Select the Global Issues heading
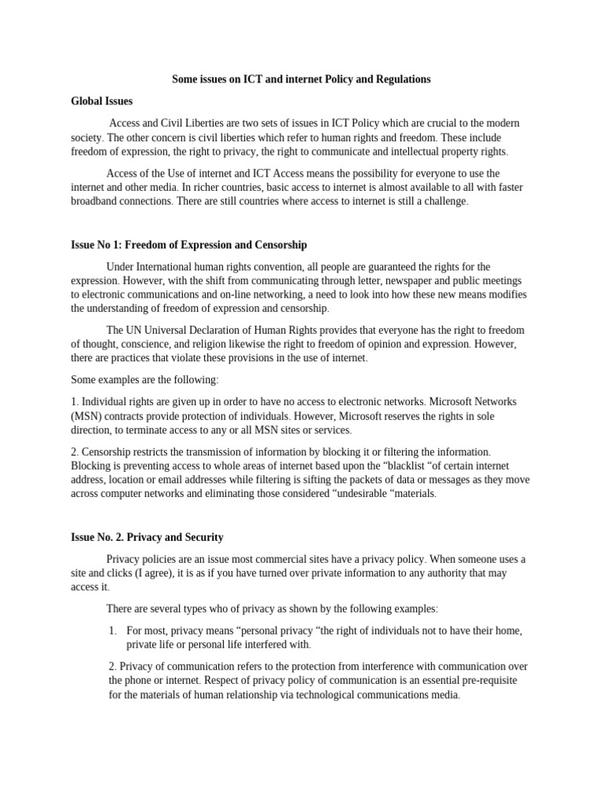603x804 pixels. coord(101,101)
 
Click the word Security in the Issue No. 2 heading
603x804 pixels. coord(199,537)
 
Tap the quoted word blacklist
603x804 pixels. coord(410,466)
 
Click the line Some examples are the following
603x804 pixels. coord(144,380)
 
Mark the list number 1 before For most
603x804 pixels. coord(112,630)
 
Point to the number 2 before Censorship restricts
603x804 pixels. coord(74,452)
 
